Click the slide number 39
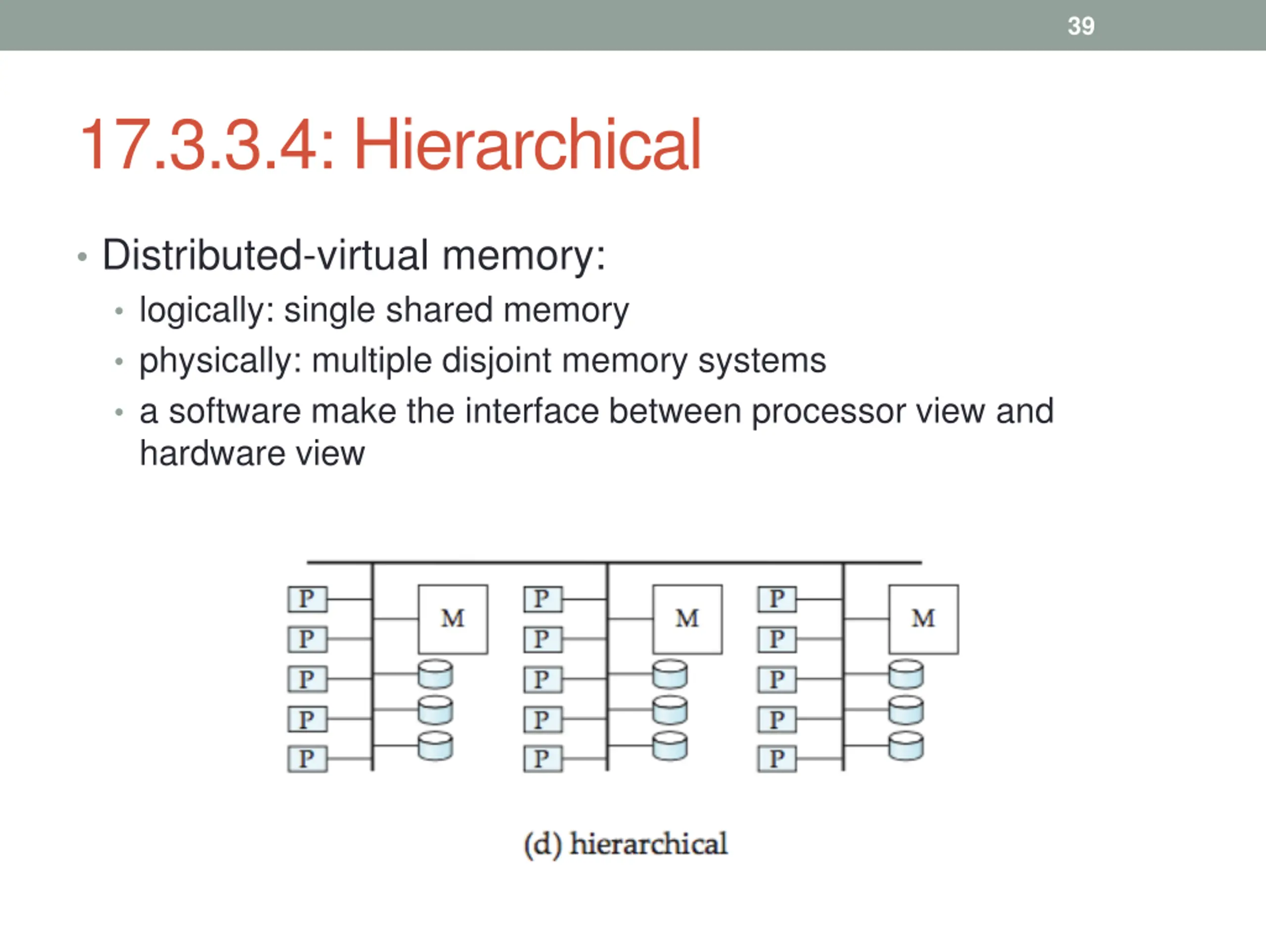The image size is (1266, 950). (x=1081, y=26)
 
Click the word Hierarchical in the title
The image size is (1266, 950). (x=527, y=145)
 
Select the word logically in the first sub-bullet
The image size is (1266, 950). (x=201, y=310)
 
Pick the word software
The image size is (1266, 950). (x=235, y=411)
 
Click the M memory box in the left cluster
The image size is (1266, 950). (x=452, y=619)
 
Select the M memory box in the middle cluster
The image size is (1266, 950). (x=687, y=619)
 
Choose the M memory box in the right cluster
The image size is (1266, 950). (x=923, y=619)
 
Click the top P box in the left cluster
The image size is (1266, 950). (x=307, y=599)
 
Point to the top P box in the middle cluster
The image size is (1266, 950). (x=543, y=599)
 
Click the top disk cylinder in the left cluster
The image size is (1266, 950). (x=436, y=674)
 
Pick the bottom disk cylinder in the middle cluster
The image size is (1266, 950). (x=670, y=747)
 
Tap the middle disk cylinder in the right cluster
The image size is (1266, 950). (x=906, y=711)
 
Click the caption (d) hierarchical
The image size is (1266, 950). (x=626, y=844)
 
